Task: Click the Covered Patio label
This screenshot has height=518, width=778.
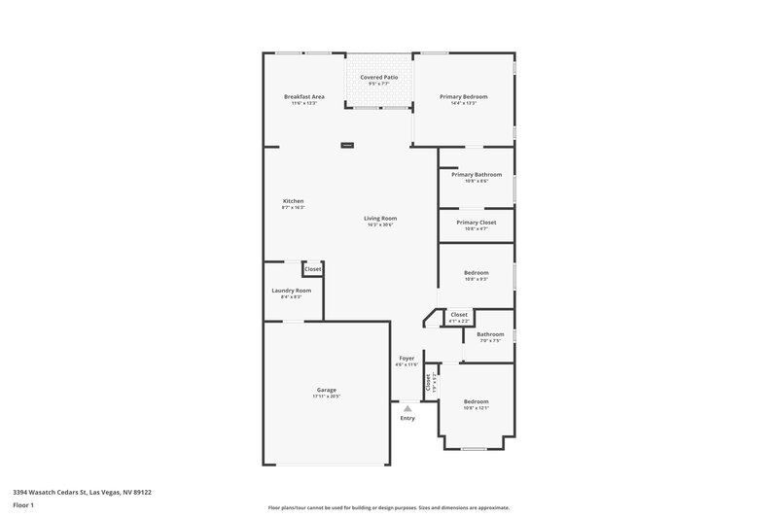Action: click(378, 77)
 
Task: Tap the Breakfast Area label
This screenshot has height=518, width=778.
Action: click(303, 97)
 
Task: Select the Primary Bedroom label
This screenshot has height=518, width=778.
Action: click(463, 97)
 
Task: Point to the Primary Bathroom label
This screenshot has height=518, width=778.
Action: click(477, 175)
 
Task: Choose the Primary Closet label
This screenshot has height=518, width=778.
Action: click(477, 223)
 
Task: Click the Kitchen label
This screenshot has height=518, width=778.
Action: click(293, 201)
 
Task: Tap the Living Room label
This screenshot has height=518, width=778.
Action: click(380, 219)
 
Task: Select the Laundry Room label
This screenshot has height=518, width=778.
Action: click(291, 291)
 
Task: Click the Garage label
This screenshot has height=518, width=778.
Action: click(326, 390)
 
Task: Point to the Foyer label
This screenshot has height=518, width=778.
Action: click(407, 359)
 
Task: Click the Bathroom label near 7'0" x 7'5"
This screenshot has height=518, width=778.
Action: click(490, 334)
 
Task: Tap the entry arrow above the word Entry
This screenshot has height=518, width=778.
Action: click(407, 409)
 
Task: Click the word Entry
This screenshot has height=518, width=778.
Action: click(407, 419)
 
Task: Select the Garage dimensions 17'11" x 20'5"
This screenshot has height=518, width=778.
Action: click(326, 397)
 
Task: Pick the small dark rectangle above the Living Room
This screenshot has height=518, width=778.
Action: click(347, 146)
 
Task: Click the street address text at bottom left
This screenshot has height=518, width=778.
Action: click(82, 492)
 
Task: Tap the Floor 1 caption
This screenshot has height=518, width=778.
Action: click(24, 506)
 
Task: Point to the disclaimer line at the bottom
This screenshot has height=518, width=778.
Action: click(388, 507)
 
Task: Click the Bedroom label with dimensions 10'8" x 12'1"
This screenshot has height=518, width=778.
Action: click(476, 401)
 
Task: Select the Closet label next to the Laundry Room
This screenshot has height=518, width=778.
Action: click(313, 269)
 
